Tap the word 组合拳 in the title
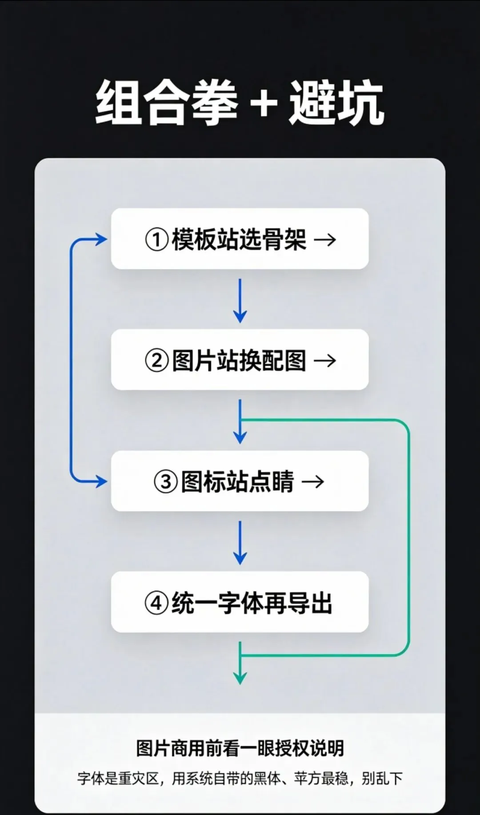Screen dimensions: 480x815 pyautogui.click(x=167, y=103)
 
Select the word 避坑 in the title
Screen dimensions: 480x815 pyautogui.click(x=336, y=103)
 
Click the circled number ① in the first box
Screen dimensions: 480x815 pyautogui.click(x=156, y=240)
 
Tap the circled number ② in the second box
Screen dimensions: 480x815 pyautogui.click(x=156, y=361)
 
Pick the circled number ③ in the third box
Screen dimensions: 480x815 pyautogui.click(x=165, y=482)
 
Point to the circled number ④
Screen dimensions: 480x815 pyautogui.click(x=156, y=603)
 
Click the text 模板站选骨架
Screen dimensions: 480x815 pyautogui.click(x=239, y=239)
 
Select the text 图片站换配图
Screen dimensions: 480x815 pyautogui.click(x=239, y=360)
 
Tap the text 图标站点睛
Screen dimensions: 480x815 pyautogui.click(x=237, y=481)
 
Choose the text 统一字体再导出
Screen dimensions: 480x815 pyautogui.click(x=252, y=603)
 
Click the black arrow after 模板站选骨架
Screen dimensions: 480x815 pyautogui.click(x=325, y=240)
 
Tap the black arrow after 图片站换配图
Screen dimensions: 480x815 pyautogui.click(x=325, y=361)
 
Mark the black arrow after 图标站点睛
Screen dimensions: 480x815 pyautogui.click(x=313, y=482)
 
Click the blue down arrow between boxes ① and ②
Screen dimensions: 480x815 pyautogui.click(x=240, y=301)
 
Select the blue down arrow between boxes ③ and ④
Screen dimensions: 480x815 pyautogui.click(x=240, y=543)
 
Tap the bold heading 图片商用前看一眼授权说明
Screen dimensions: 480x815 pyautogui.click(x=240, y=748)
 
